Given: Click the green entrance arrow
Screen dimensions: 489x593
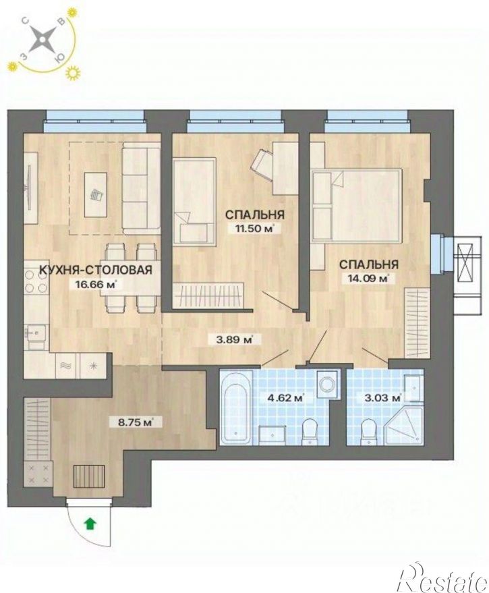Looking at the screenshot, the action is pyautogui.click(x=90, y=524).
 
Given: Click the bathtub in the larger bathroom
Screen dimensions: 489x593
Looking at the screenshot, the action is pyautogui.click(x=236, y=408).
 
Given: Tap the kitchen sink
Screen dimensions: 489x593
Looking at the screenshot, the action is pyautogui.click(x=36, y=336).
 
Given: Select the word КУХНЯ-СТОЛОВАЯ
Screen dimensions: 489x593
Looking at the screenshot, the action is pyautogui.click(x=96, y=270).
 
